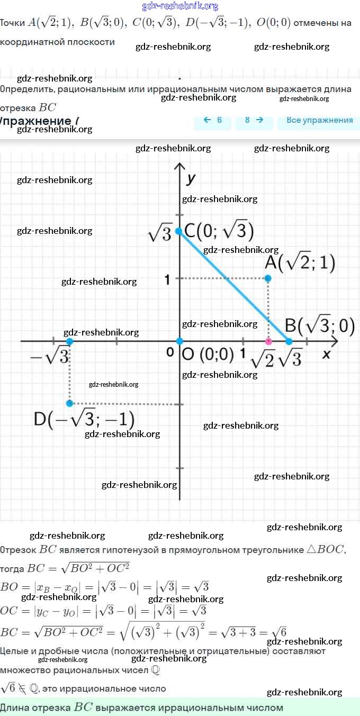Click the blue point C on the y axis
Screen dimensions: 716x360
pos(179,231)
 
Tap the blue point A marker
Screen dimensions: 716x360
pos(268,278)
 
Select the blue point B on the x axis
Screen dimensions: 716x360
pos(289,341)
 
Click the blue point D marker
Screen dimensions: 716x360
pos(69,403)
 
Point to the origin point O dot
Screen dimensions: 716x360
pos(179,341)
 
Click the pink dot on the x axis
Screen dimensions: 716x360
pos(268,341)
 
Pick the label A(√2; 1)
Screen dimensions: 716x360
pos(300,263)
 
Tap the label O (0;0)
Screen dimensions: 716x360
pos(208,355)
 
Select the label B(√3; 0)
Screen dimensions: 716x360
pos(320,325)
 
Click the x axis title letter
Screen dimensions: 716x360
pos(326,354)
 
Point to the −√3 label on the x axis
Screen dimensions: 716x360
pos(50,357)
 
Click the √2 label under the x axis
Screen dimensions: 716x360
pos(263,360)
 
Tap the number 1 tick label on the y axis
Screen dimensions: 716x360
pos(167,279)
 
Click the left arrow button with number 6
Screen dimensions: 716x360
pos(213,120)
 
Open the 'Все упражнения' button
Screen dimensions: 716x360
pos(319,120)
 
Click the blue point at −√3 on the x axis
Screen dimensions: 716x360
pos(69,341)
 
